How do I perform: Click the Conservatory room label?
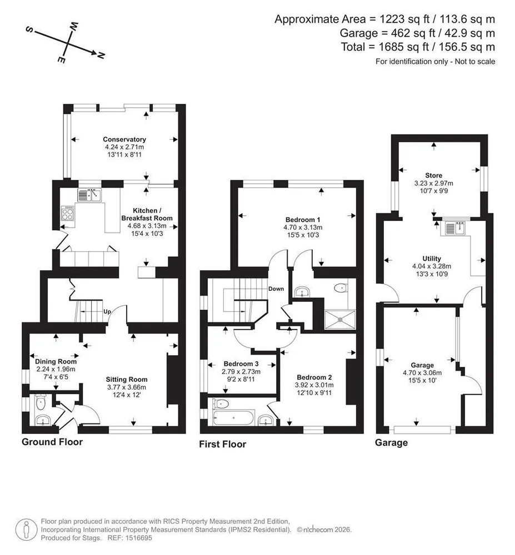(124, 139)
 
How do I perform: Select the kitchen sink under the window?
(89, 195)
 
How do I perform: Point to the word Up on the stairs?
(107, 311)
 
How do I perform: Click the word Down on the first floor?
(276, 289)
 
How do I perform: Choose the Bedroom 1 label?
(303, 220)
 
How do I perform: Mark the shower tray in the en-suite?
(339, 319)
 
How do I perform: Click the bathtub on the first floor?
(233, 418)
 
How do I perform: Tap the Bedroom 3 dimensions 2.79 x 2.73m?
(241, 372)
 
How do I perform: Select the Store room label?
(434, 175)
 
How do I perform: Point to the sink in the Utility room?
(455, 228)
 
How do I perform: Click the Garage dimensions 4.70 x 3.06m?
(422, 373)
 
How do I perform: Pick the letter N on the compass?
(101, 55)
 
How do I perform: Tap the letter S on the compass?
(29, 30)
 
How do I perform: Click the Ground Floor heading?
(52, 442)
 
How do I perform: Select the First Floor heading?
(222, 444)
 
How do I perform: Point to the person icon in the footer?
(26, 530)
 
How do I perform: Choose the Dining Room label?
(56, 361)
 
